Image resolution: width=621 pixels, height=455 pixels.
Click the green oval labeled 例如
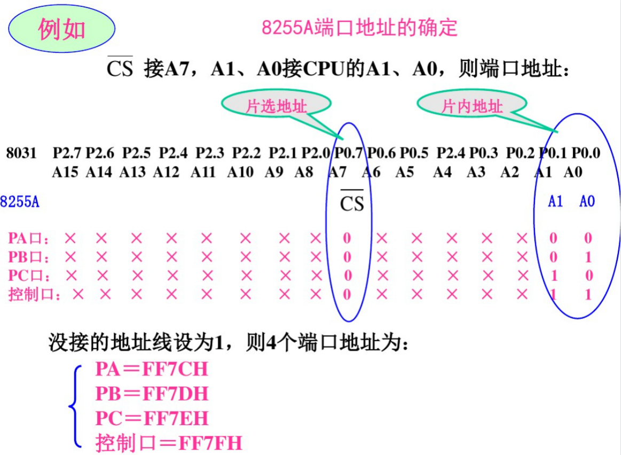[62, 30]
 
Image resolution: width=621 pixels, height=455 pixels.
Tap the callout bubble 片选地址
[276, 106]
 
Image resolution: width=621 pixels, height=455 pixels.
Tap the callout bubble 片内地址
[472, 106]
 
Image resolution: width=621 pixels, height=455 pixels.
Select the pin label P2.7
[67, 154]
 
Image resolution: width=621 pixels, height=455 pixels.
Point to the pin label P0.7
[349, 154]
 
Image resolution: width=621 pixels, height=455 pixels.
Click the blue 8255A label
[20, 202]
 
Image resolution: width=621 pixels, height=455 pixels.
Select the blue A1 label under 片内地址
[556, 201]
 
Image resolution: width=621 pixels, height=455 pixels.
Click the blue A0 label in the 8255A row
[587, 201]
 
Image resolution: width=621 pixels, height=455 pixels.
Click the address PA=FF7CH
[151, 370]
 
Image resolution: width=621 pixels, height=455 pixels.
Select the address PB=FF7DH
[152, 394]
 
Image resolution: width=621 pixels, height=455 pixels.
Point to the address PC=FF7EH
[152, 418]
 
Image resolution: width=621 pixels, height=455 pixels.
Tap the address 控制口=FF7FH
[169, 443]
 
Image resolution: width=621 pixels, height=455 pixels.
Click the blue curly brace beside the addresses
[75, 406]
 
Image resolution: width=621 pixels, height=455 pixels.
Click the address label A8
[304, 172]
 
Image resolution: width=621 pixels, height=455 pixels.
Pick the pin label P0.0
[586, 154]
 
